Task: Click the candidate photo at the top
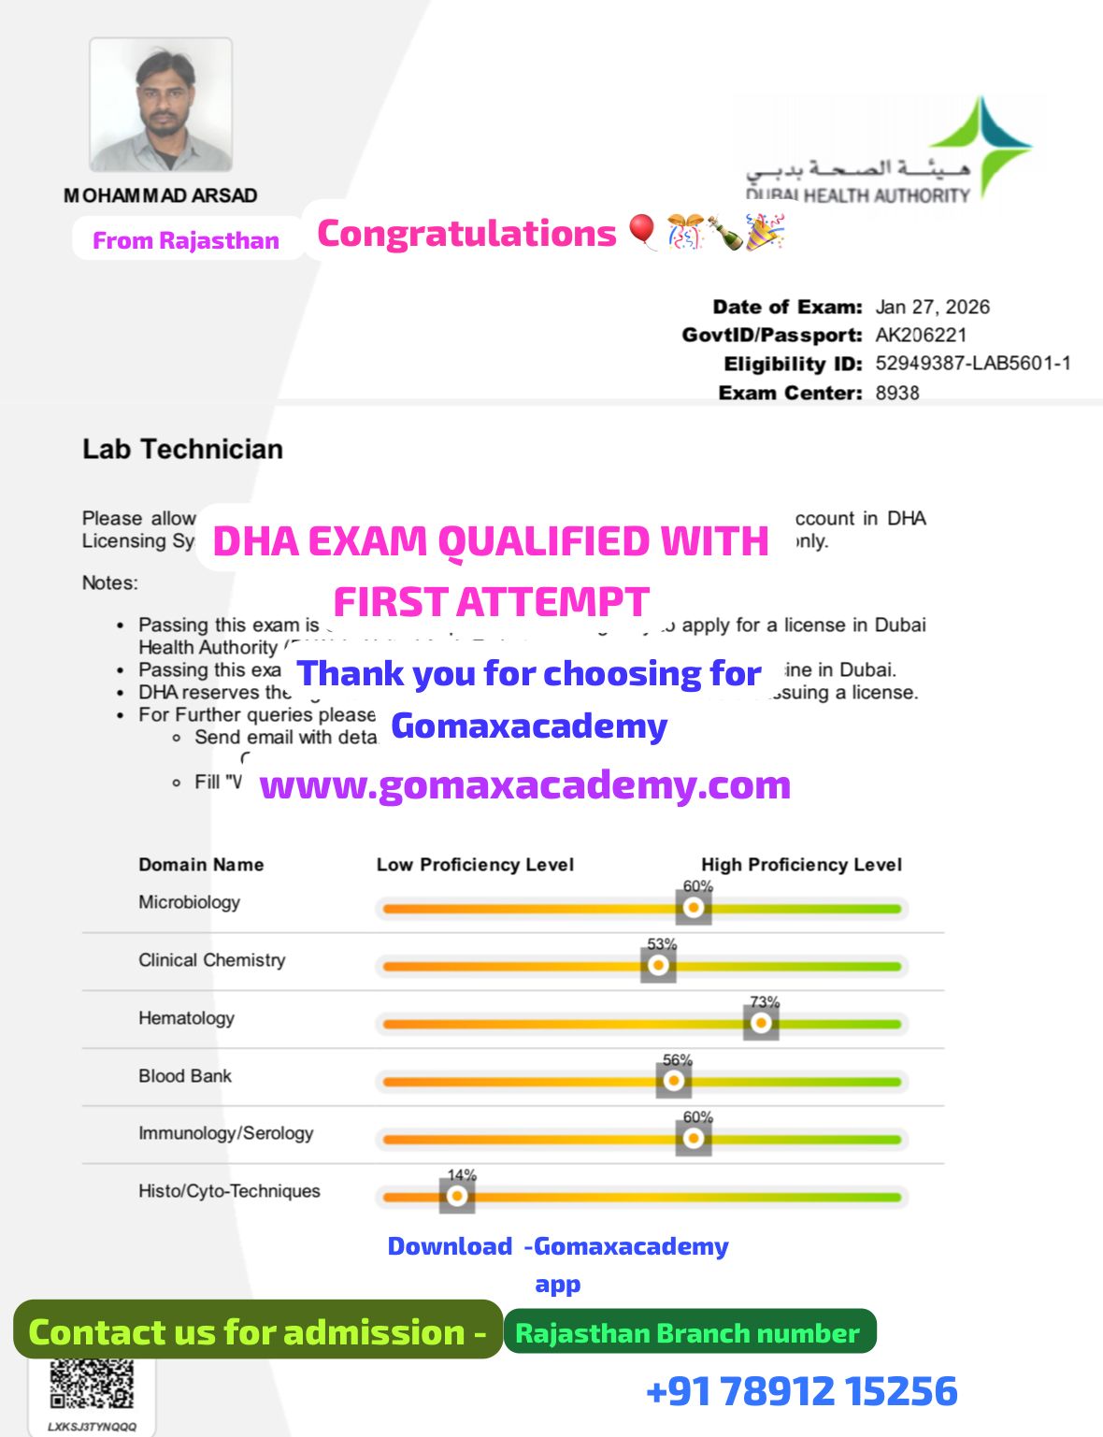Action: tap(161, 105)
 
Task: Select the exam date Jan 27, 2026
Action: tap(932, 307)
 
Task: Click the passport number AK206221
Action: tap(921, 335)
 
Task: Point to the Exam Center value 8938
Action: tap(897, 393)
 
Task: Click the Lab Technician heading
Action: tap(182, 450)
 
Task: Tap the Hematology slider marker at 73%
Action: tap(761, 1023)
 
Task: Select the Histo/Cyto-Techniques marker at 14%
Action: tap(457, 1196)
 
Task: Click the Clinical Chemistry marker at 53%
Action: tap(658, 965)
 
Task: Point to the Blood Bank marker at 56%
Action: tap(674, 1081)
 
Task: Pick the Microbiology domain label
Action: tap(189, 902)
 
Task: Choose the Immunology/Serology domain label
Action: tap(225, 1133)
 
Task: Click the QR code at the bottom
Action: tap(92, 1383)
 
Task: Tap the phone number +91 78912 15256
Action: tap(801, 1391)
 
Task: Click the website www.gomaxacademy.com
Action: tap(524, 785)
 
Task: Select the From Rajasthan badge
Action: tap(186, 240)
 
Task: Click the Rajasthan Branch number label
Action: tap(687, 1333)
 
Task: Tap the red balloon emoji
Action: tap(642, 231)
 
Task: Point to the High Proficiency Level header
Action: tap(801, 865)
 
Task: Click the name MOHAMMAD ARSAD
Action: tap(161, 195)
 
